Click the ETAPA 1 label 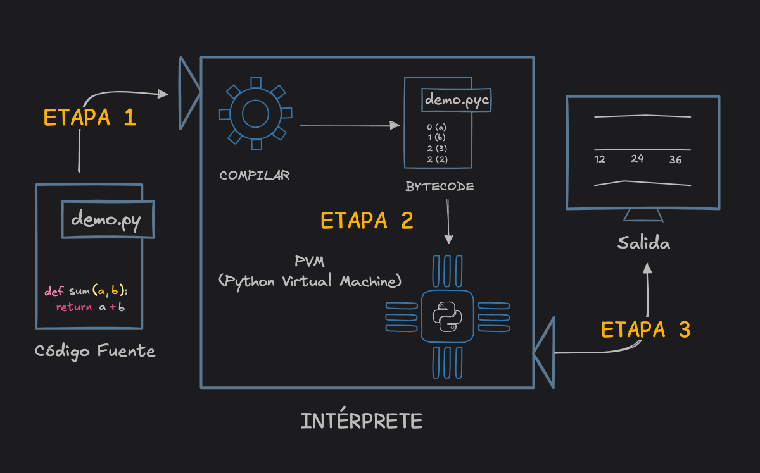point(89,118)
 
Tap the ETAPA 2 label point(367,221)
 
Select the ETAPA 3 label point(645,330)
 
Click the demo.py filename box point(107,220)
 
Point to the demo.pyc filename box point(456,100)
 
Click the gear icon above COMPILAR point(255,114)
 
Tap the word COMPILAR point(255,175)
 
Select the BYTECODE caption point(440,187)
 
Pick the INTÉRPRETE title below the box point(361,421)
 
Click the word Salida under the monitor point(643,243)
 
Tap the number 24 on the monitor point(637,159)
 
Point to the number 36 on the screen point(676,160)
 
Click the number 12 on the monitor point(600,159)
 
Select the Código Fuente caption point(95,351)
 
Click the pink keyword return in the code point(74,308)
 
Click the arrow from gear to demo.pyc point(350,125)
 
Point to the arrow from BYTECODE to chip point(448,221)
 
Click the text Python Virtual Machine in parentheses point(310,281)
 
